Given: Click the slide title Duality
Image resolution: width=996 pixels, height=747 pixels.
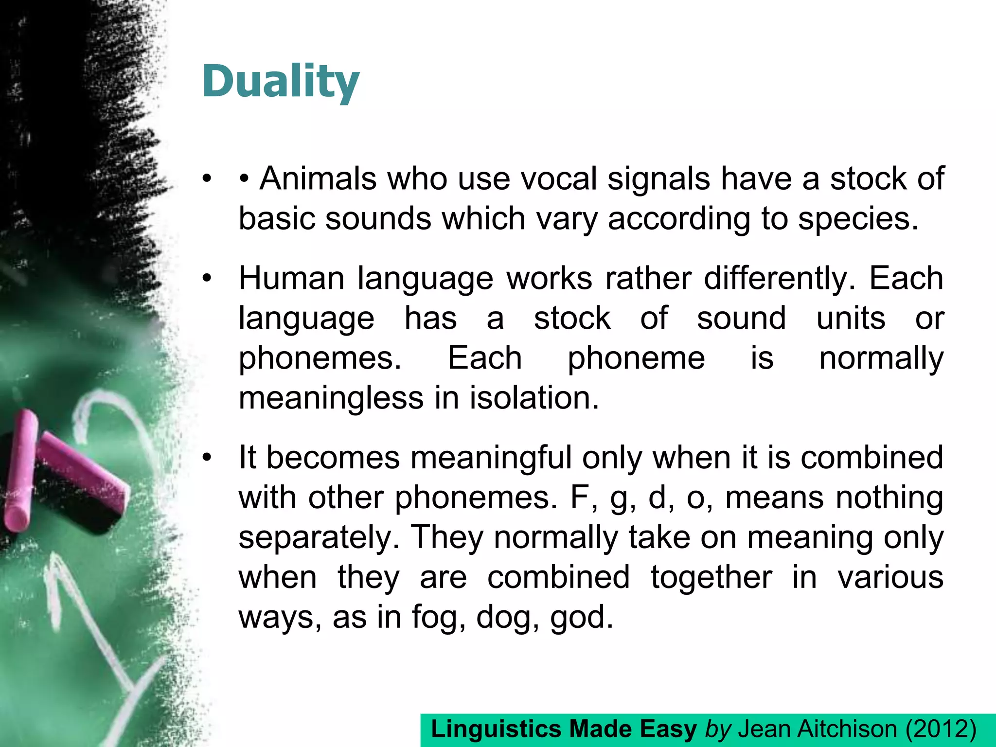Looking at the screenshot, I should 281,82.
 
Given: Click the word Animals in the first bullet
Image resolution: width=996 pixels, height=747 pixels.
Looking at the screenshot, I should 318,178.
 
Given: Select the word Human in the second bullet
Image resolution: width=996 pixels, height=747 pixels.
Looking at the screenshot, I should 291,279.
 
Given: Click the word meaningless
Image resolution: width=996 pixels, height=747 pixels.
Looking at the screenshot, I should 331,398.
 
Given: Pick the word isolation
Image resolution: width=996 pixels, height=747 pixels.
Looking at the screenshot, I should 534,398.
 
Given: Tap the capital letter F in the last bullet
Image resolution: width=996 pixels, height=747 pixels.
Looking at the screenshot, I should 579,498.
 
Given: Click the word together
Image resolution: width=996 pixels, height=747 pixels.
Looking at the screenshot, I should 711,578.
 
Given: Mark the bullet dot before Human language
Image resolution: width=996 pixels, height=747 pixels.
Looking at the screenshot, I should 208,279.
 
